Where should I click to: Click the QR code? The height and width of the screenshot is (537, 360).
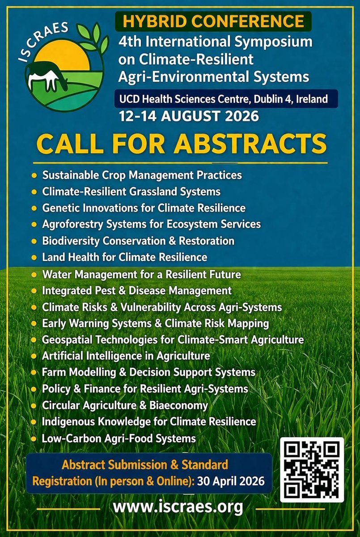(x=312, y=470)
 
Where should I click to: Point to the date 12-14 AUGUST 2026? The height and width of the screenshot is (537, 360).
(x=189, y=116)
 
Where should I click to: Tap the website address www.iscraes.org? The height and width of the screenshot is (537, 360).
(x=178, y=507)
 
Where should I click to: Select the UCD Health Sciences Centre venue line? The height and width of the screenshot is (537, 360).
(x=228, y=99)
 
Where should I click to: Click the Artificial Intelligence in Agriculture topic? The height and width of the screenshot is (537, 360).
(x=126, y=356)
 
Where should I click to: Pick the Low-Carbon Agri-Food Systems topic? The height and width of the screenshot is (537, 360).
(x=119, y=438)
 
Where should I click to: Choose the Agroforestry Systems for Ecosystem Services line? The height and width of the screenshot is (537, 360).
(x=151, y=224)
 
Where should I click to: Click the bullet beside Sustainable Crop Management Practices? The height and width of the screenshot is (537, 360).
(x=34, y=175)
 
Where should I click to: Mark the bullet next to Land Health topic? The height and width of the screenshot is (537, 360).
(x=34, y=258)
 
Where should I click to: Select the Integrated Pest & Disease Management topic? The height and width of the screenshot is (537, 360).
(x=136, y=290)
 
